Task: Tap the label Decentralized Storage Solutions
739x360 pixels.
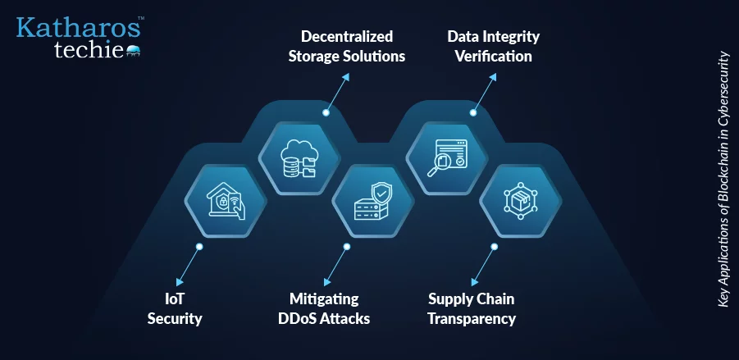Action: [x=347, y=46]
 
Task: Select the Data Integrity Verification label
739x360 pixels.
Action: [x=494, y=46]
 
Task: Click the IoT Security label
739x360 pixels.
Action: [x=175, y=308]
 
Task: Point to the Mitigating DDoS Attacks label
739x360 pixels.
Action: [x=324, y=308]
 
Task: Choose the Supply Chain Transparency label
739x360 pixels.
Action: [x=472, y=308]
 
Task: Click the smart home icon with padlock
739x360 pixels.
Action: [x=226, y=201]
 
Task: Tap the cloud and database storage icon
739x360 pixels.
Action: [x=299, y=158]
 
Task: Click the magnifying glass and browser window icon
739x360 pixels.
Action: [x=447, y=158]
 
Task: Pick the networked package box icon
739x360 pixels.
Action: [x=520, y=201]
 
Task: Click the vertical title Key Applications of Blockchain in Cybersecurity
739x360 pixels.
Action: [x=723, y=180]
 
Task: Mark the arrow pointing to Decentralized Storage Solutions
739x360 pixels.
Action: [x=337, y=93]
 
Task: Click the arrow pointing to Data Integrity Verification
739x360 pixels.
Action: [x=485, y=93]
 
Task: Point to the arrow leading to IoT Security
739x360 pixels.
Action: [x=188, y=266]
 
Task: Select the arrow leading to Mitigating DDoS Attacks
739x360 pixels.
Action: [x=335, y=266]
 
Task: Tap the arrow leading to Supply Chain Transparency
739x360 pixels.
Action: [x=482, y=266]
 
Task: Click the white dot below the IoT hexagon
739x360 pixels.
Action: [x=199, y=247]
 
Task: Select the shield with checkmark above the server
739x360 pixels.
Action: [x=381, y=194]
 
